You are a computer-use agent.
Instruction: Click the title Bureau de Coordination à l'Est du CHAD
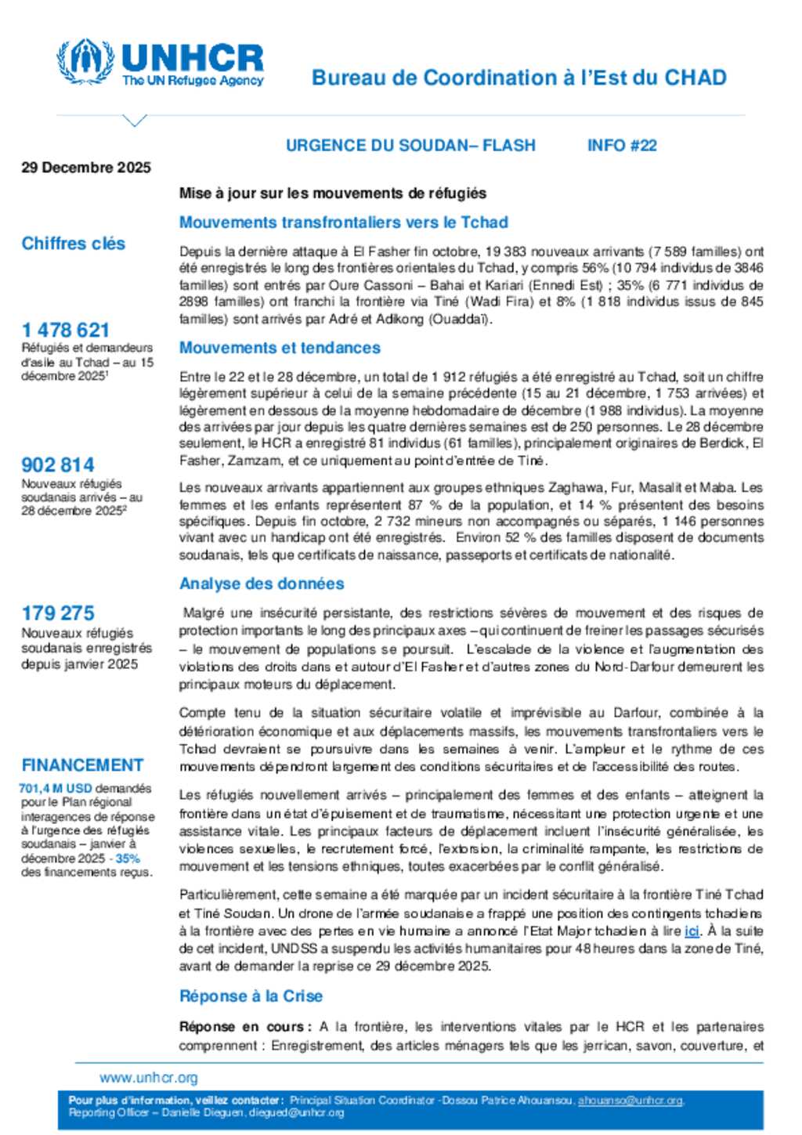point(518,78)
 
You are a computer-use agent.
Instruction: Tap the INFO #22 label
point(622,145)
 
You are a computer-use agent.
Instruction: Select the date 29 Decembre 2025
point(86,167)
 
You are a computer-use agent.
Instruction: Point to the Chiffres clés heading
point(74,244)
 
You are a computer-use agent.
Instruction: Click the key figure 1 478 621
point(66,330)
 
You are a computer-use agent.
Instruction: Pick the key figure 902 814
point(58,464)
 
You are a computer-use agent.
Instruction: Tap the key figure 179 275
point(58,613)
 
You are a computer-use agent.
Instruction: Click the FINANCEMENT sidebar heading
point(82,764)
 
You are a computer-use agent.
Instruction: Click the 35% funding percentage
point(128,858)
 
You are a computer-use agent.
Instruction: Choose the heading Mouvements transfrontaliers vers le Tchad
point(344,222)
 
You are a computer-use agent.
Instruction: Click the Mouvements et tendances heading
point(280,347)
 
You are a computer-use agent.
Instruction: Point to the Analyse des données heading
point(262,584)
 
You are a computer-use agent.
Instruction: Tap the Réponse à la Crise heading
point(251,996)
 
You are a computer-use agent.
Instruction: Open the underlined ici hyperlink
point(692,931)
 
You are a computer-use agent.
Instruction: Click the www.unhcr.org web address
point(149,1078)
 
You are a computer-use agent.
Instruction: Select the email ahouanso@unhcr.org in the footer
point(630,1101)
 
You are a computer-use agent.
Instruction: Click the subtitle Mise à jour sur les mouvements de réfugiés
point(333,193)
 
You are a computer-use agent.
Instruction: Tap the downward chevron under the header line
point(135,121)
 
